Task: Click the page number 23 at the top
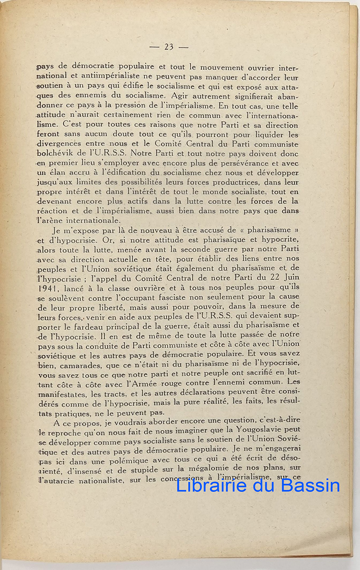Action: point(169,47)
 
